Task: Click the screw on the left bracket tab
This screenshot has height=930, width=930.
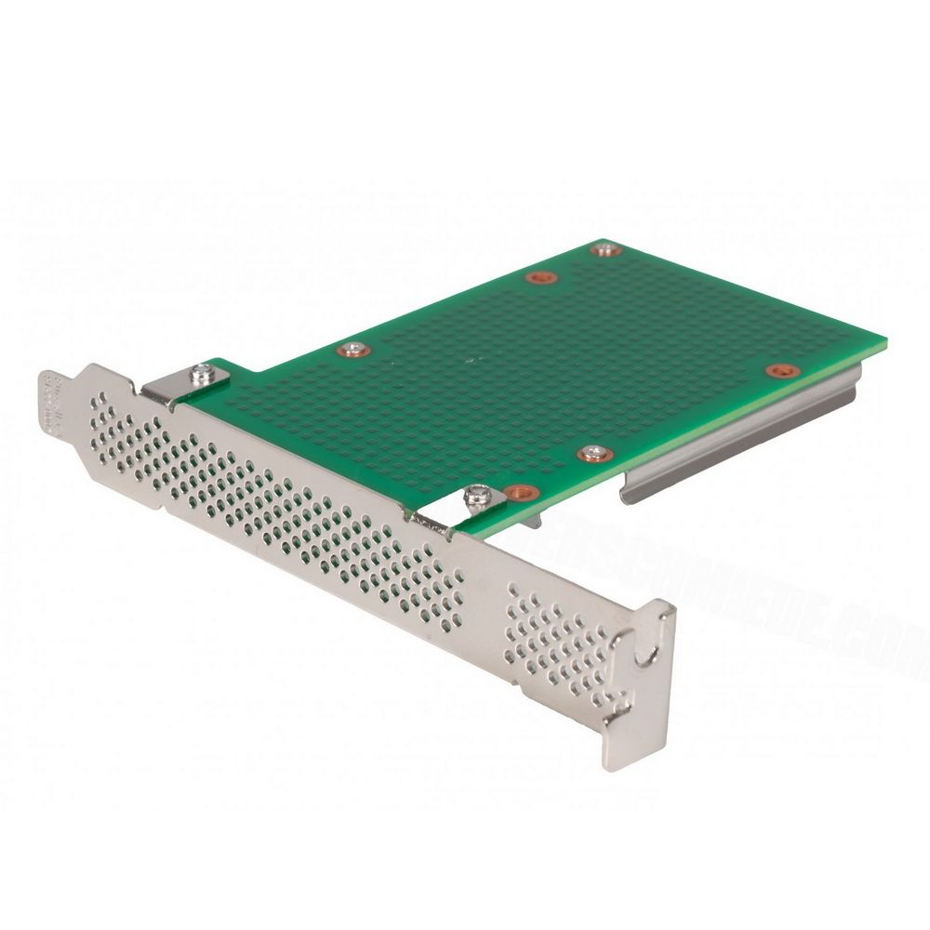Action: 202,373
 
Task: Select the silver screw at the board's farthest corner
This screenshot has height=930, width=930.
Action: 606,249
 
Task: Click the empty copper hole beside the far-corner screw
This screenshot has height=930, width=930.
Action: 538,277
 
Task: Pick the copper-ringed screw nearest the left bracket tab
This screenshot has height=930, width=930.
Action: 352,350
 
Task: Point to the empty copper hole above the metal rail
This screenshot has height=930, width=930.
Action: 779,370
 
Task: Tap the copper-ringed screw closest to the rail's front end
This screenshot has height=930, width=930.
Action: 592,453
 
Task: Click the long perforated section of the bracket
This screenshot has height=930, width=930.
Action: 279,502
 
